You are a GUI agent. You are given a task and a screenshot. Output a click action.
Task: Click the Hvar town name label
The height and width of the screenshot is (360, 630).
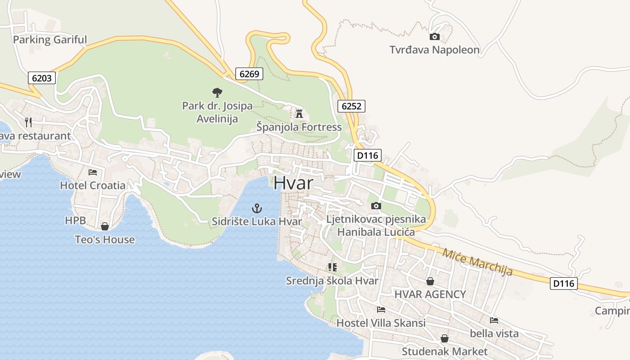coord(293,183)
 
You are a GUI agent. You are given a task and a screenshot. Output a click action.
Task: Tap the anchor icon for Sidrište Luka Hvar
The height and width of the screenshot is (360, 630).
coord(256,208)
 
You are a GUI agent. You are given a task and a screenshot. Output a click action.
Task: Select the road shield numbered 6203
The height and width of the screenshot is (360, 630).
coord(41,78)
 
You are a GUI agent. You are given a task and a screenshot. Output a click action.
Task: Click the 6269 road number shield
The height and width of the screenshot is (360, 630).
coord(249,74)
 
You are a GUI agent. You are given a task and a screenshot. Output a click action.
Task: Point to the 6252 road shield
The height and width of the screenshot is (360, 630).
coord(351,106)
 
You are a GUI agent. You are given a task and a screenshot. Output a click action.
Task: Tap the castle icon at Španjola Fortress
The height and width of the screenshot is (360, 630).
coord(299,113)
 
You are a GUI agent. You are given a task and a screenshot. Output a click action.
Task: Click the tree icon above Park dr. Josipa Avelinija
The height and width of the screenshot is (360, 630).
coord(217,93)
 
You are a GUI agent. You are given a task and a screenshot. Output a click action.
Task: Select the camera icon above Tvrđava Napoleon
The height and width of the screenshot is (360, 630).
coord(434,37)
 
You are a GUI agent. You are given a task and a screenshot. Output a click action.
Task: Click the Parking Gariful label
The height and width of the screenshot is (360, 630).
coord(49,40)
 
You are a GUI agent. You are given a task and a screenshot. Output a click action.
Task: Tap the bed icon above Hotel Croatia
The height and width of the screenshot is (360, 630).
coord(93,172)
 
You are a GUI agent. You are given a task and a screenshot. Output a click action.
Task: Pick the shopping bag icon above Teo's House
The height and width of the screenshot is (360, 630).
coord(105,226)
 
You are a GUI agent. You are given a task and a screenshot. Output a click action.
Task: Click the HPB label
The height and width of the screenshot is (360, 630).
coord(75,220)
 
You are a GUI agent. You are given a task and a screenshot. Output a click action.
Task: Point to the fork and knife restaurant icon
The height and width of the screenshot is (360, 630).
coord(28,122)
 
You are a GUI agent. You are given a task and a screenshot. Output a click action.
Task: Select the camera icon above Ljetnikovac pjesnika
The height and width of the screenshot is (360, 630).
coord(376,206)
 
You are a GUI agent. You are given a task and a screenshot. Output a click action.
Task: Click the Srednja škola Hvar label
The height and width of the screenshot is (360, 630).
coord(332,281)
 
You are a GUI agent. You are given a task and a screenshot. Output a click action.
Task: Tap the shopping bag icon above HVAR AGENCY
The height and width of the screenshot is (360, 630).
coord(430,281)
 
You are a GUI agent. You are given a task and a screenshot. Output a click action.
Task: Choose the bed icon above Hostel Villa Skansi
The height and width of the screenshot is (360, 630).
coord(381,310)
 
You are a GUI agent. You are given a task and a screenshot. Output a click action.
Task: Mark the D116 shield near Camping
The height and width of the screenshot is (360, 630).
coord(563,283)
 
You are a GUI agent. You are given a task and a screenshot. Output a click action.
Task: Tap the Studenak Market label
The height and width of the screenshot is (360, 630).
coord(444,351)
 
